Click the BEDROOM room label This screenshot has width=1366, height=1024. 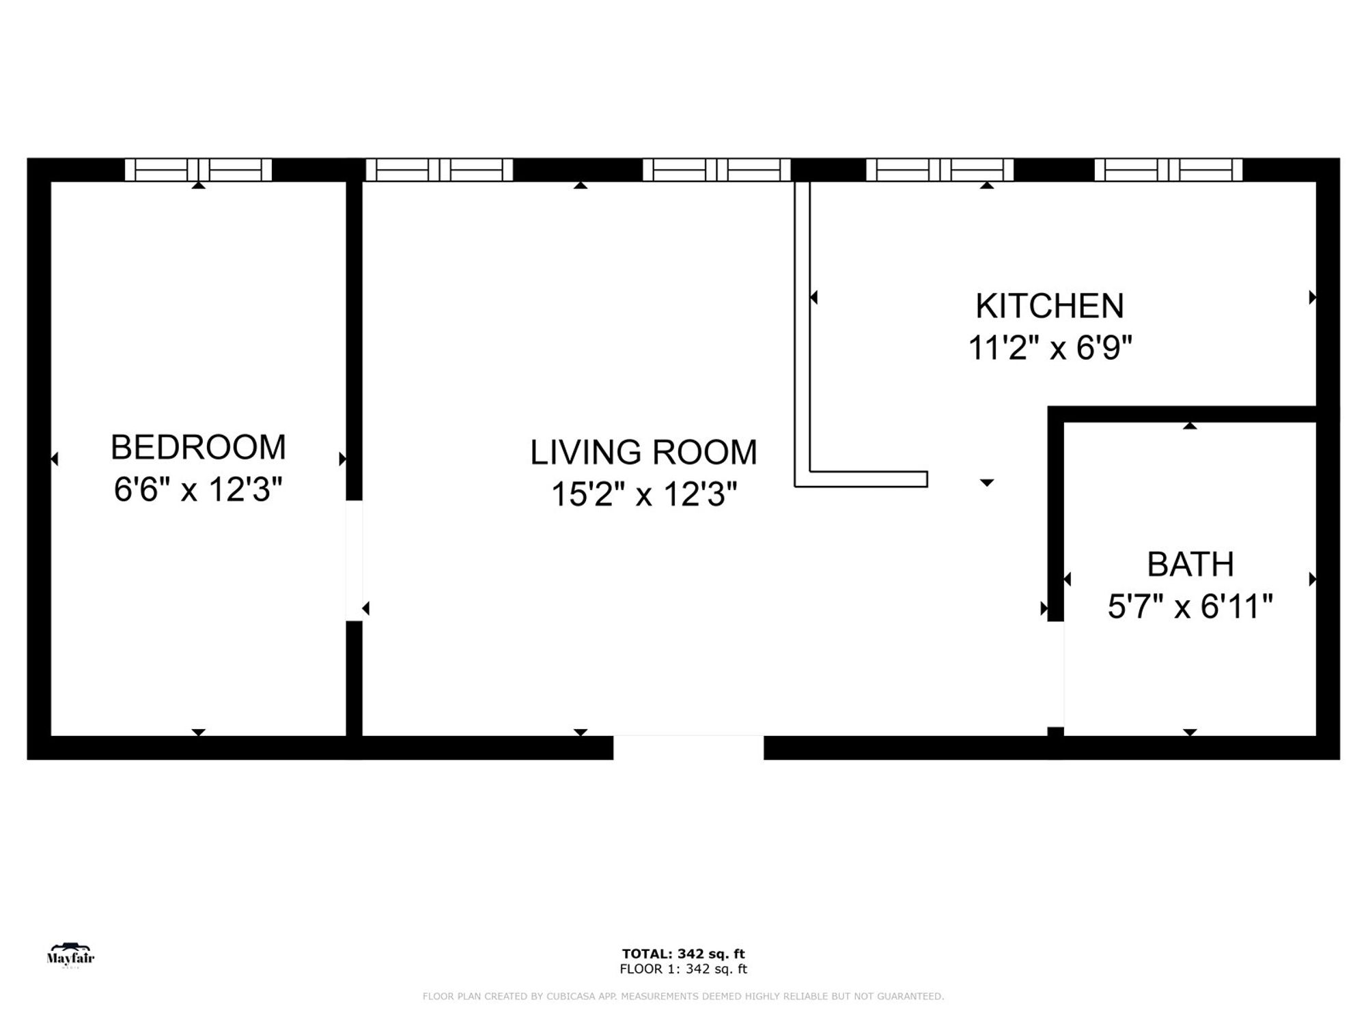click(x=198, y=448)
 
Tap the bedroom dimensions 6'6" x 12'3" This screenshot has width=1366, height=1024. click(x=198, y=489)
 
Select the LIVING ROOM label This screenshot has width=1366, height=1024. click(x=643, y=453)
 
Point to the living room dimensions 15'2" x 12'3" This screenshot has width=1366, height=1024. click(x=643, y=494)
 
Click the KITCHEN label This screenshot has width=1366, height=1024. click(x=1050, y=306)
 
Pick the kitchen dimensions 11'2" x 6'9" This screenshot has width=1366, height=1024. click(x=1050, y=348)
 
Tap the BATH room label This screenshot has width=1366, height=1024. click(x=1190, y=565)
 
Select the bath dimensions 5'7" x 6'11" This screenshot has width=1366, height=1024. click(x=1190, y=606)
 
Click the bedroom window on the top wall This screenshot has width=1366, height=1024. click(x=198, y=169)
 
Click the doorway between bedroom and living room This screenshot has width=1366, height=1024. click(x=354, y=560)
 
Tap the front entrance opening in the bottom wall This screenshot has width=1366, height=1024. click(x=688, y=747)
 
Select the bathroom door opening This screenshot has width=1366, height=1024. click(x=1056, y=674)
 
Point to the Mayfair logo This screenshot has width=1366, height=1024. click(x=70, y=956)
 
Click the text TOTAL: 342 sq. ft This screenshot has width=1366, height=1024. click(x=683, y=954)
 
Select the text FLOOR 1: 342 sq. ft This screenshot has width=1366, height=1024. click(x=683, y=969)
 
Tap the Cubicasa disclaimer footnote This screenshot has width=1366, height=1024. click(x=683, y=997)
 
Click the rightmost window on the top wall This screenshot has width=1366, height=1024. click(x=1168, y=169)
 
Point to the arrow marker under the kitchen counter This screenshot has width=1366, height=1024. click(x=986, y=483)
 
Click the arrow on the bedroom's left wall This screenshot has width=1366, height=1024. click(x=55, y=459)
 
